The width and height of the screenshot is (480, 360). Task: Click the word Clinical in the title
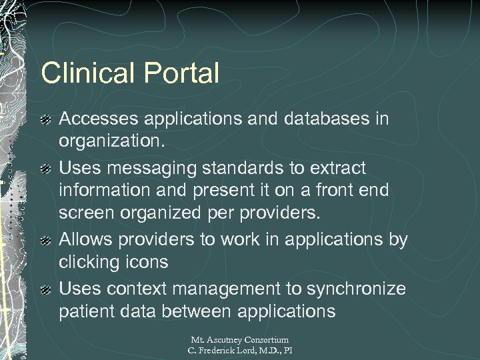(x=83, y=73)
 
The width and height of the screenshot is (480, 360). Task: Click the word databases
(x=315, y=119)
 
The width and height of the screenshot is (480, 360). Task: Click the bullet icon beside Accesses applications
(x=45, y=120)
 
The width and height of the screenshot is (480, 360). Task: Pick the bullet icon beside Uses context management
(x=45, y=289)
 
